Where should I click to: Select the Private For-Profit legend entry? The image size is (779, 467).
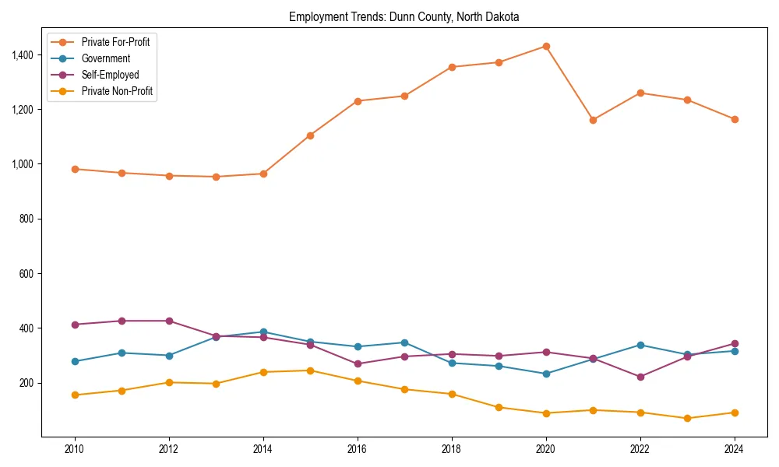pos(115,42)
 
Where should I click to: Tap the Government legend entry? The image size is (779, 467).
pos(105,58)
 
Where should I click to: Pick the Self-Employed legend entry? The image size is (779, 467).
pos(110,75)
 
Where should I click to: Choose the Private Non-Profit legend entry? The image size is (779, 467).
pos(117,91)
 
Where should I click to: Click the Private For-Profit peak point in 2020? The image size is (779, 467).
pos(546,46)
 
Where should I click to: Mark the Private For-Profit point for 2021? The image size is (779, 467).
pos(593,120)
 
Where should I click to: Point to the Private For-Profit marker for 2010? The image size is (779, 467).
pos(75,169)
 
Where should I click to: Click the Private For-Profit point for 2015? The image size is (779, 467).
pos(310,135)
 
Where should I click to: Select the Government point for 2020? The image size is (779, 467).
pos(546,374)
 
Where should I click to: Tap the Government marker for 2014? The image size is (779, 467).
pos(263,332)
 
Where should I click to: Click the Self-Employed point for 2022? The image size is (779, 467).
pos(640,377)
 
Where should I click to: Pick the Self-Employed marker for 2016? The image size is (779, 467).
pos(358,363)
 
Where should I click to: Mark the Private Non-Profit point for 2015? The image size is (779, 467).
pos(310,370)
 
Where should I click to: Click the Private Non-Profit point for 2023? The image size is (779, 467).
pos(687,418)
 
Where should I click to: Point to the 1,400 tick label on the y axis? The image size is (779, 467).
pos(23,55)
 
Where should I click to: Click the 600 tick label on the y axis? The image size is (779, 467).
pos(27,274)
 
